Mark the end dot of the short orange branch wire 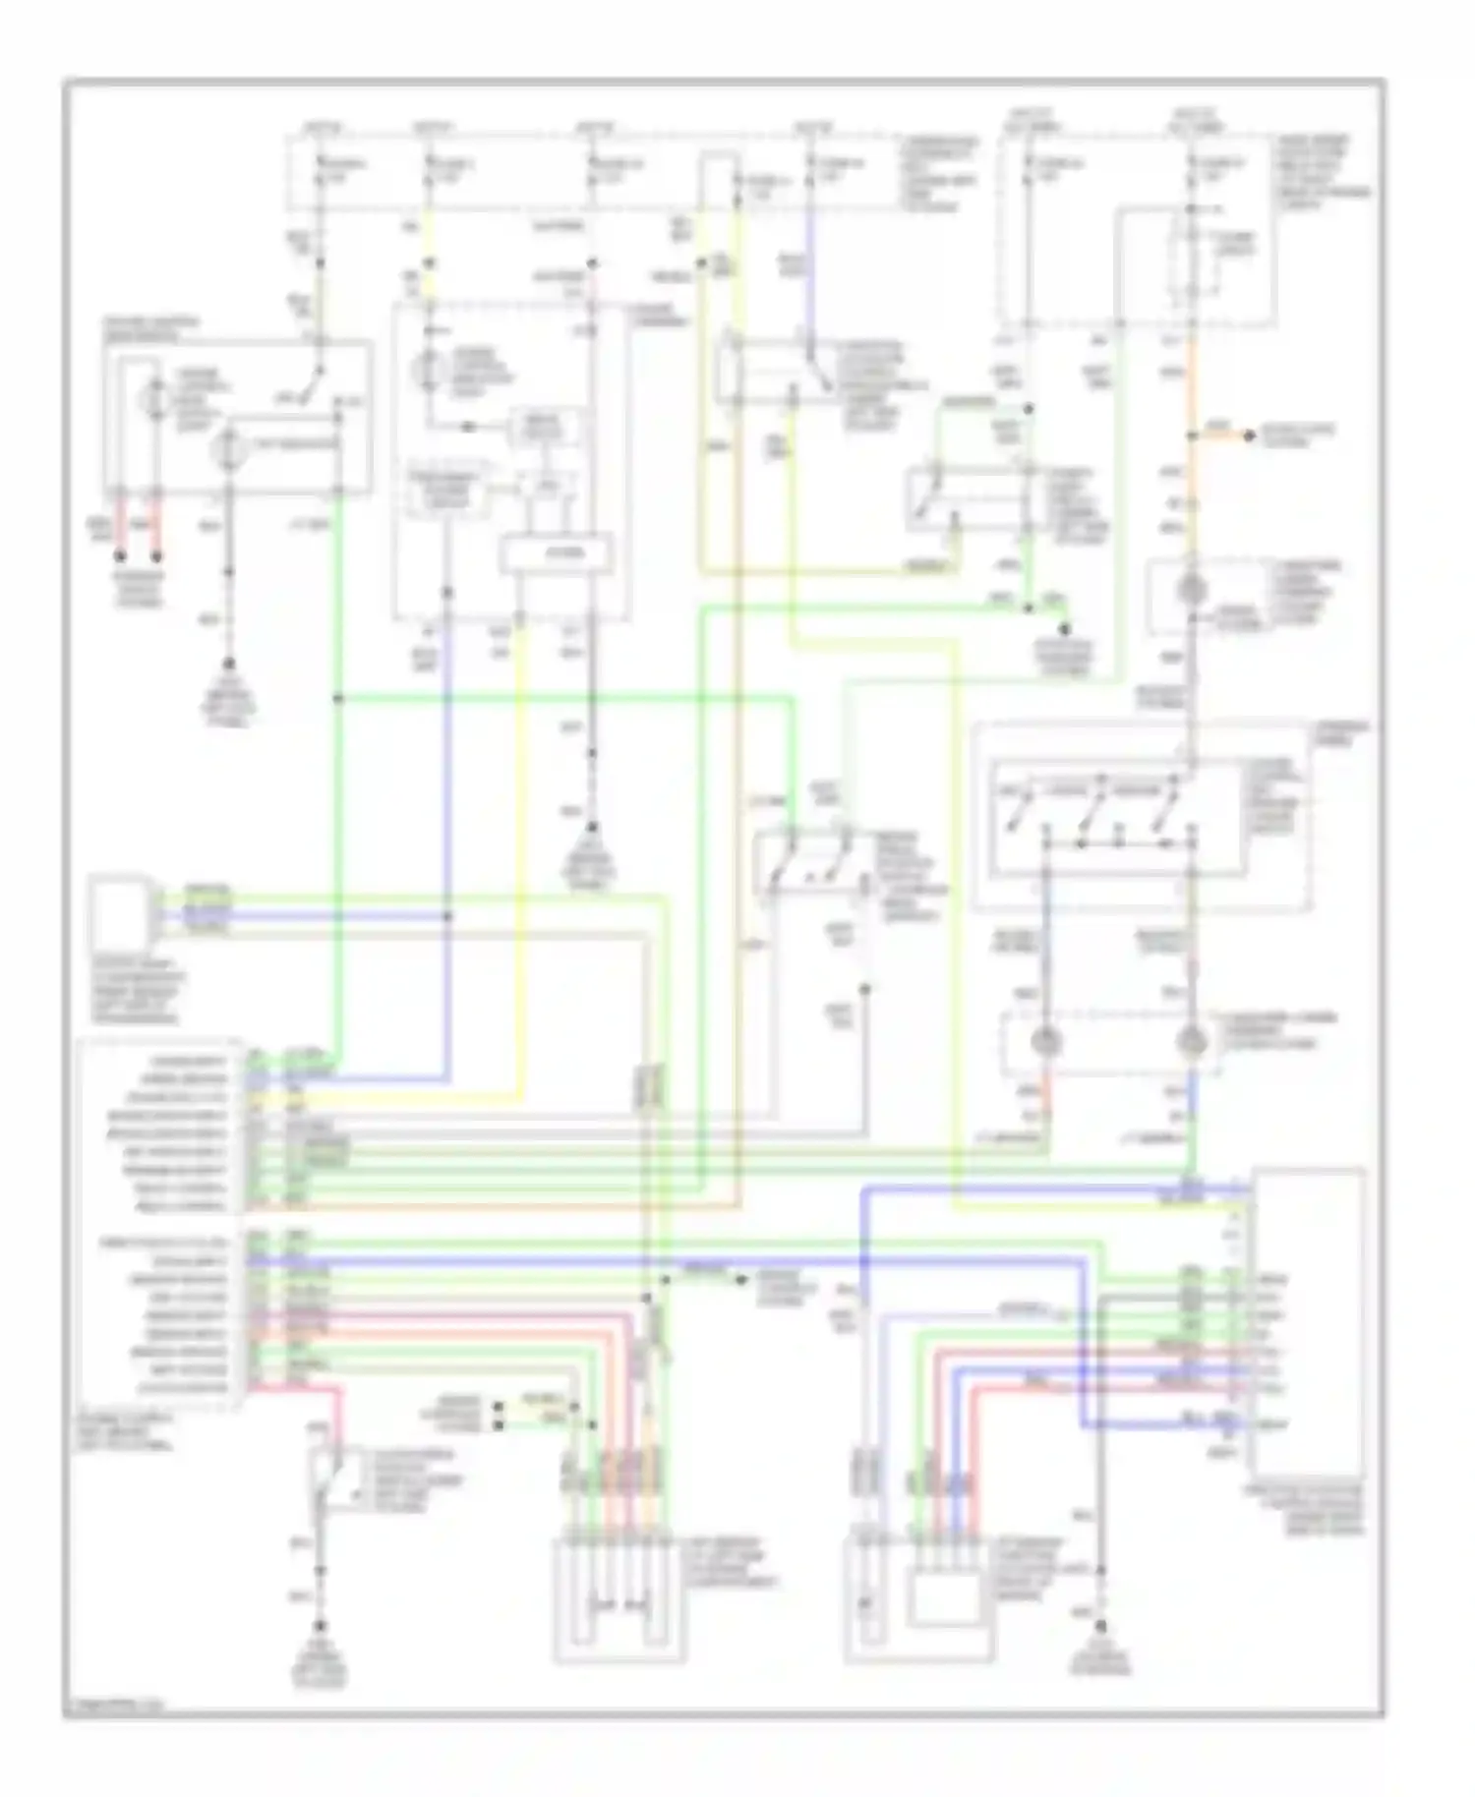[1249, 435]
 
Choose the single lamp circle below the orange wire [1192, 589]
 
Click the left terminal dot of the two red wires [121, 556]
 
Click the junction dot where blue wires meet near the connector [447, 916]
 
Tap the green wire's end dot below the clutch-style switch [1064, 626]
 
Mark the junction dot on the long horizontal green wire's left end [337, 699]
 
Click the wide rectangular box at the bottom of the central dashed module [556, 554]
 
